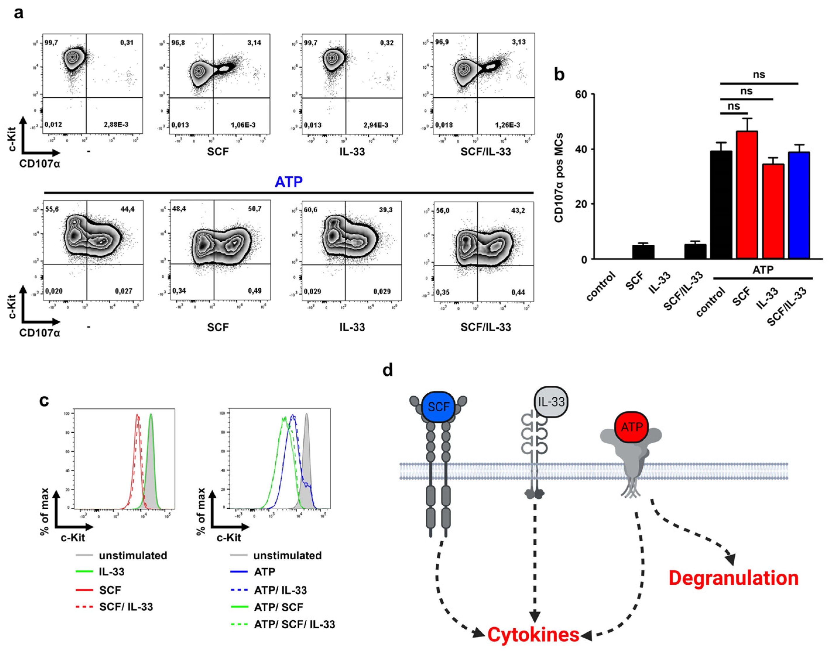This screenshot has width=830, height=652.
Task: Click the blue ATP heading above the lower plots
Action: [288, 182]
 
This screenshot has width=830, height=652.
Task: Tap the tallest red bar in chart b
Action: [747, 195]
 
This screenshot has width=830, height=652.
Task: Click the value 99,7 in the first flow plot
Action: [51, 42]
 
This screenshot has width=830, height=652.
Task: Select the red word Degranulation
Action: [733, 578]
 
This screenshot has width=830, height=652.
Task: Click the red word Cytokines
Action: [533, 635]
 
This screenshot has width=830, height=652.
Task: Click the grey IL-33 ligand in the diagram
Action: [551, 402]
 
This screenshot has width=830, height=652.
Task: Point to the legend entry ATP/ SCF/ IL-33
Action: [294, 624]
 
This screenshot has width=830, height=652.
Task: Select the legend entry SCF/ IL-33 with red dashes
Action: [126, 607]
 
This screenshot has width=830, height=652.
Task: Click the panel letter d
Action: [388, 370]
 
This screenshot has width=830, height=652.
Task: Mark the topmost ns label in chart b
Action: [759, 75]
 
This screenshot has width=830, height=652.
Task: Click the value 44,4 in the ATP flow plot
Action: [127, 209]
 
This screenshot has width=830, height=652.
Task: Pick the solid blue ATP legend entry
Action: [264, 572]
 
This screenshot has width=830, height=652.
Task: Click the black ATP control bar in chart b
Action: [721, 205]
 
